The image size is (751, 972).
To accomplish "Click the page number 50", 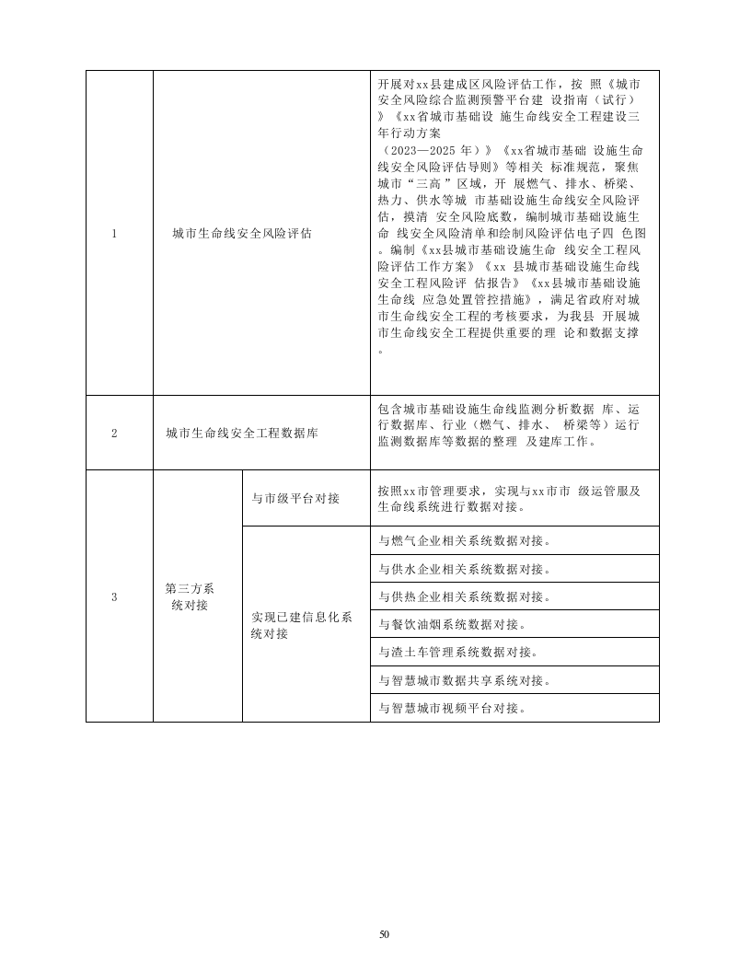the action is (x=384, y=934).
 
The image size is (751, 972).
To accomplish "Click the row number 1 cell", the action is (x=114, y=233).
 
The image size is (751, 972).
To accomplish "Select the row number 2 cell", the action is (x=114, y=433).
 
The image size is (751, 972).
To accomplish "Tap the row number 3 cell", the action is (x=114, y=596).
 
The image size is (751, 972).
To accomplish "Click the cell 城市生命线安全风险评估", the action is (x=242, y=233).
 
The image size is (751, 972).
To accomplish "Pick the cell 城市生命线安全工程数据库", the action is (x=242, y=433).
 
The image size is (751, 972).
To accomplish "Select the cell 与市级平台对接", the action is (x=296, y=498).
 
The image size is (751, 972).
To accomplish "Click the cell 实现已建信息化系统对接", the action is (x=302, y=625).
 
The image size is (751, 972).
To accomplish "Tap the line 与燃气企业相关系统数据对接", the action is (x=466, y=540).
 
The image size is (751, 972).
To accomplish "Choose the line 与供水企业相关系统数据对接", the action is (x=466, y=569).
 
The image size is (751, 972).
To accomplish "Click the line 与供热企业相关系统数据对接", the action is (x=466, y=596).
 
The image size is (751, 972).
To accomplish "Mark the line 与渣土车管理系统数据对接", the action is (x=458, y=653).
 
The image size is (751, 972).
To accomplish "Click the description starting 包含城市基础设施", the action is (x=509, y=424).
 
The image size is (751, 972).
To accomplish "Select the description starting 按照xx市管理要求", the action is (x=509, y=498).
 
